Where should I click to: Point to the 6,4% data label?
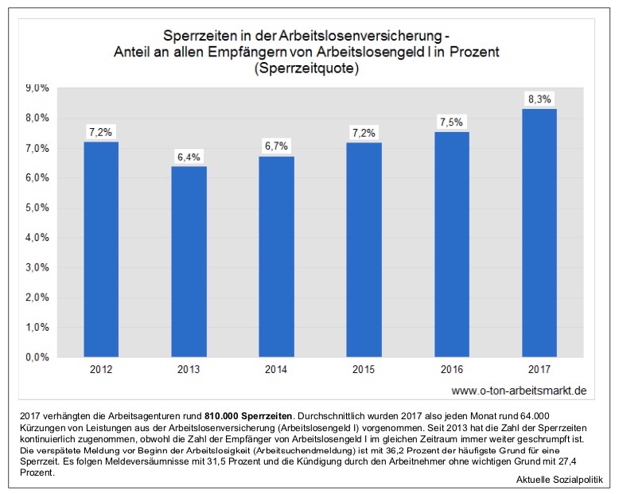click(189, 157)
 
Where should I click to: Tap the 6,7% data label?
click(277, 146)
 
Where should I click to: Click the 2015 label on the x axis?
click(364, 371)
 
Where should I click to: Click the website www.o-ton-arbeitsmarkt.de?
click(519, 391)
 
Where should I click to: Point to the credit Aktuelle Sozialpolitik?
click(559, 483)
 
